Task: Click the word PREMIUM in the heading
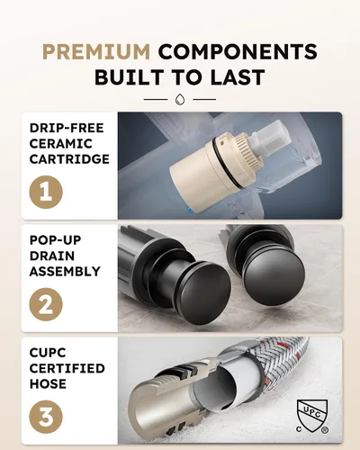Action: [x=96, y=51]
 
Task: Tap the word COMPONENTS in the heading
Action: [x=238, y=51]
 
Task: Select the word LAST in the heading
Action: [x=238, y=77]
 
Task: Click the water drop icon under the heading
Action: [x=180, y=99]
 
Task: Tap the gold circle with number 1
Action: [x=46, y=192]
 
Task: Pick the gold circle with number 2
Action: [x=46, y=304]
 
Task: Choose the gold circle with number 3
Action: [x=46, y=417]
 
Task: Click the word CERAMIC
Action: [x=61, y=144]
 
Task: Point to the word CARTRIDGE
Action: [x=69, y=159]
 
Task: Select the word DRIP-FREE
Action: [x=67, y=128]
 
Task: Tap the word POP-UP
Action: [x=56, y=240]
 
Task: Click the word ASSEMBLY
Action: [x=65, y=272]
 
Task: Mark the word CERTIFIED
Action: [x=67, y=368]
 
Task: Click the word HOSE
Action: [x=48, y=384]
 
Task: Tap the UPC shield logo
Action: [x=312, y=416]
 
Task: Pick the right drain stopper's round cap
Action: [x=274, y=280]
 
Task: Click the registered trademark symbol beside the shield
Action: [x=324, y=430]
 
